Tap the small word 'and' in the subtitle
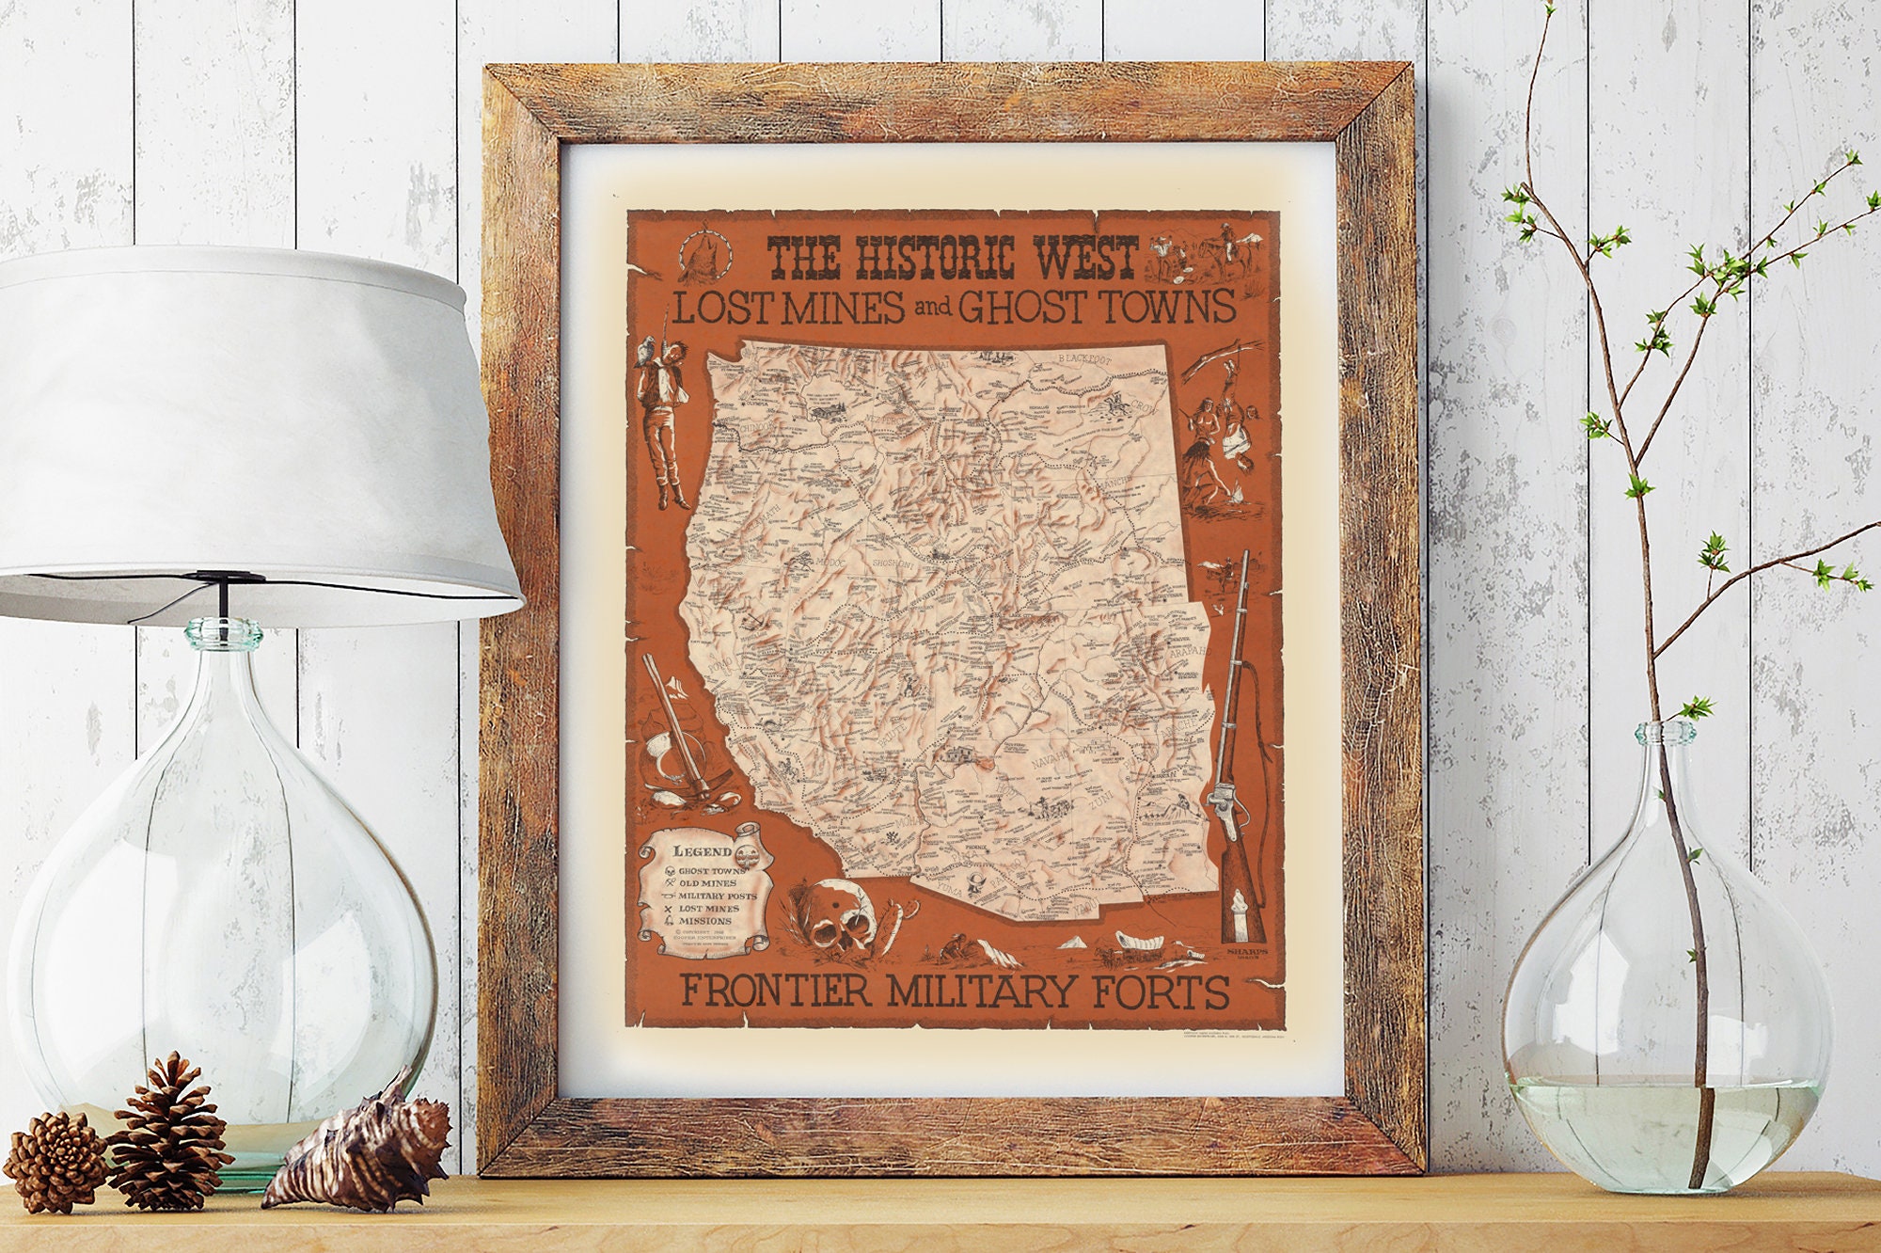click(929, 311)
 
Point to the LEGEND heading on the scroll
click(702, 851)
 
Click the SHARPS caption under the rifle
click(1249, 951)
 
